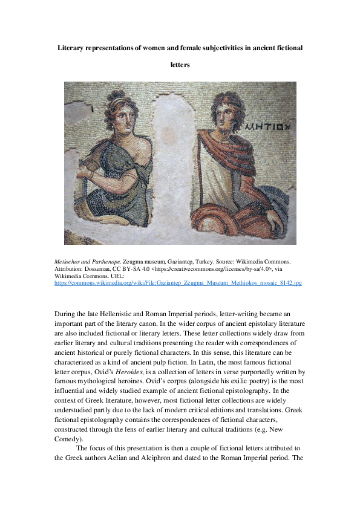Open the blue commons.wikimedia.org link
(x=178, y=282)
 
